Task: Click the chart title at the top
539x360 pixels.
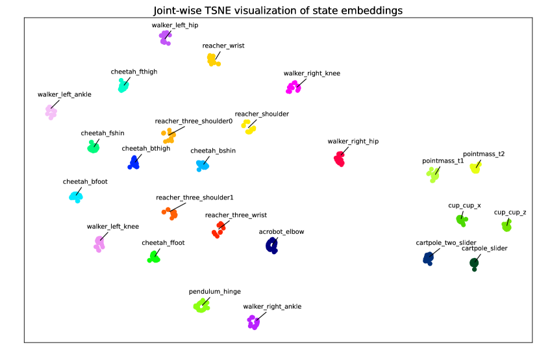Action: pos(277,10)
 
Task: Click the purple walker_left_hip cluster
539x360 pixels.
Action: pos(165,38)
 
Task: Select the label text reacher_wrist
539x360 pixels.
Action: pos(223,45)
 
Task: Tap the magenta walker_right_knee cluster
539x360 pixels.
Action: pos(294,86)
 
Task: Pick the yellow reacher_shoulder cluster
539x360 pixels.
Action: pos(248,125)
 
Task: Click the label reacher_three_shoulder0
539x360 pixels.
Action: pos(194,121)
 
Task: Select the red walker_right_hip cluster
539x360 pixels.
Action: pos(340,158)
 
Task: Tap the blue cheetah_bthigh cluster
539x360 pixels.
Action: pos(134,162)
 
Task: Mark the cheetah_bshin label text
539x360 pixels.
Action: pos(213,151)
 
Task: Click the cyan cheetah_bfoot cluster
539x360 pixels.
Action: pos(76,195)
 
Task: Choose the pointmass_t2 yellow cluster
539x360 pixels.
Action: pos(475,168)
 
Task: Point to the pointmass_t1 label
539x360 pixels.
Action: pos(443,160)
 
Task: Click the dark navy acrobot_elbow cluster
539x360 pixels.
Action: pos(272,246)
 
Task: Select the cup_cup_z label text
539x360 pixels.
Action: pos(510,212)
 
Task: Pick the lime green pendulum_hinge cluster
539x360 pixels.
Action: pos(202,305)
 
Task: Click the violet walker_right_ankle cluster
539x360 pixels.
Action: pos(253,321)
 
